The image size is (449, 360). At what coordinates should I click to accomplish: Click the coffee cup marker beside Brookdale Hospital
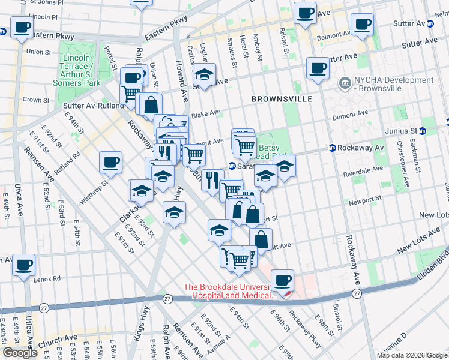pyautogui.click(x=282, y=280)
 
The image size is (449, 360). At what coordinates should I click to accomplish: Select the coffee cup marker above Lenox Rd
pyautogui.click(x=23, y=264)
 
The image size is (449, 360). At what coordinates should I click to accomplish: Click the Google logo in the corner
pyautogui.click(x=20, y=353)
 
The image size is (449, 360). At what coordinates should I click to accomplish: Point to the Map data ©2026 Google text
pyautogui.click(x=411, y=355)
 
